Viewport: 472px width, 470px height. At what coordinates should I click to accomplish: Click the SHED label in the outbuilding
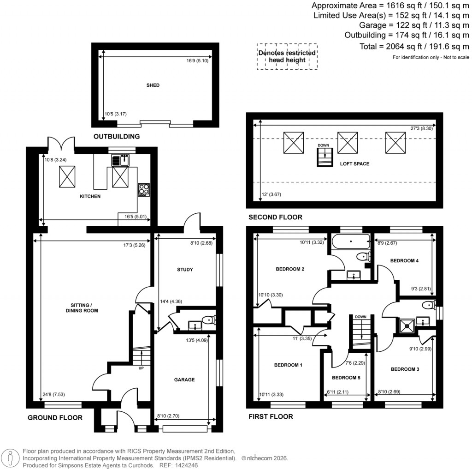click(x=153, y=85)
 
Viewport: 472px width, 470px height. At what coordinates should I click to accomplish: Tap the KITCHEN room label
click(x=90, y=196)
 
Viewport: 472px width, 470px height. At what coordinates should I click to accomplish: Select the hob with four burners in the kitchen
click(x=144, y=190)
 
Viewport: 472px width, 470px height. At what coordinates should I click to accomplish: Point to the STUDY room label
click(x=184, y=270)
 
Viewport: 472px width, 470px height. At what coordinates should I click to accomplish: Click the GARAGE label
click(x=184, y=380)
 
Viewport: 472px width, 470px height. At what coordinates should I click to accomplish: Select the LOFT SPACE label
click(x=354, y=164)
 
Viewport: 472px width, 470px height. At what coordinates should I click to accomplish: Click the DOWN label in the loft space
click(x=323, y=145)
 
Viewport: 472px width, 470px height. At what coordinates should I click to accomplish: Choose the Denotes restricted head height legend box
click(x=287, y=56)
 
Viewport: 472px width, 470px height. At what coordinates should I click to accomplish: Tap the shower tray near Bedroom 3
click(x=407, y=325)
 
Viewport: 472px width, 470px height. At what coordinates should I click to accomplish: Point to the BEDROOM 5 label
click(x=346, y=378)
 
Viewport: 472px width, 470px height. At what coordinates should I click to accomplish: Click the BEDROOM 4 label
click(x=404, y=261)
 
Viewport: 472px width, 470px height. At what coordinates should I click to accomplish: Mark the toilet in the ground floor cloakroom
click(x=211, y=319)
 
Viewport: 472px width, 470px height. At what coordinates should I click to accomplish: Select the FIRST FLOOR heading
click(x=271, y=416)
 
